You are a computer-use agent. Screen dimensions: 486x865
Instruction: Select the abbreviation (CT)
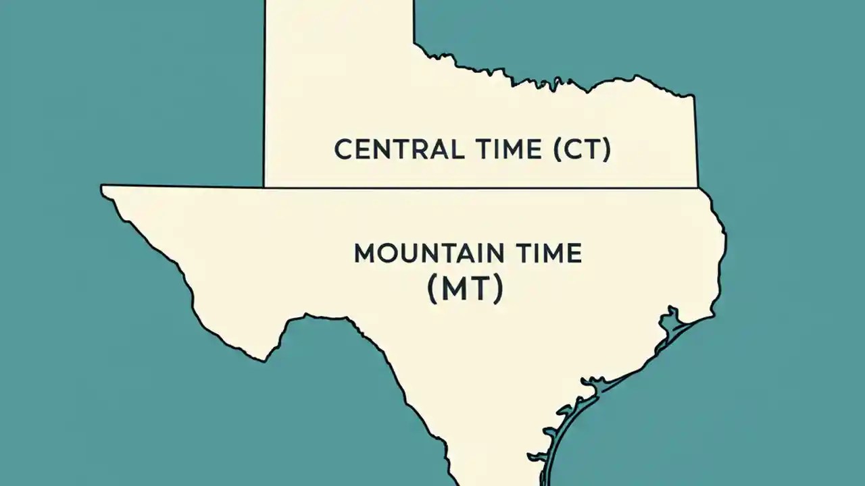pos(582,149)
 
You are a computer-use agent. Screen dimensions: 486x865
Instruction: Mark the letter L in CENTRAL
pos(458,149)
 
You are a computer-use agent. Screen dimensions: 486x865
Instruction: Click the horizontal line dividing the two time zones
pos(473,187)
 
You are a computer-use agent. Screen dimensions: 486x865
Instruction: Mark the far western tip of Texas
pos(103,188)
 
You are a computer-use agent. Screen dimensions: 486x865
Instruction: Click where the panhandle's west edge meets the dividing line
pos(264,186)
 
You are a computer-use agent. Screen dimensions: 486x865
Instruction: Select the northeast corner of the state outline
pos(694,97)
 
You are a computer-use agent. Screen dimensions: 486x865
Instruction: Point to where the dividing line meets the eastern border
pos(697,187)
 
